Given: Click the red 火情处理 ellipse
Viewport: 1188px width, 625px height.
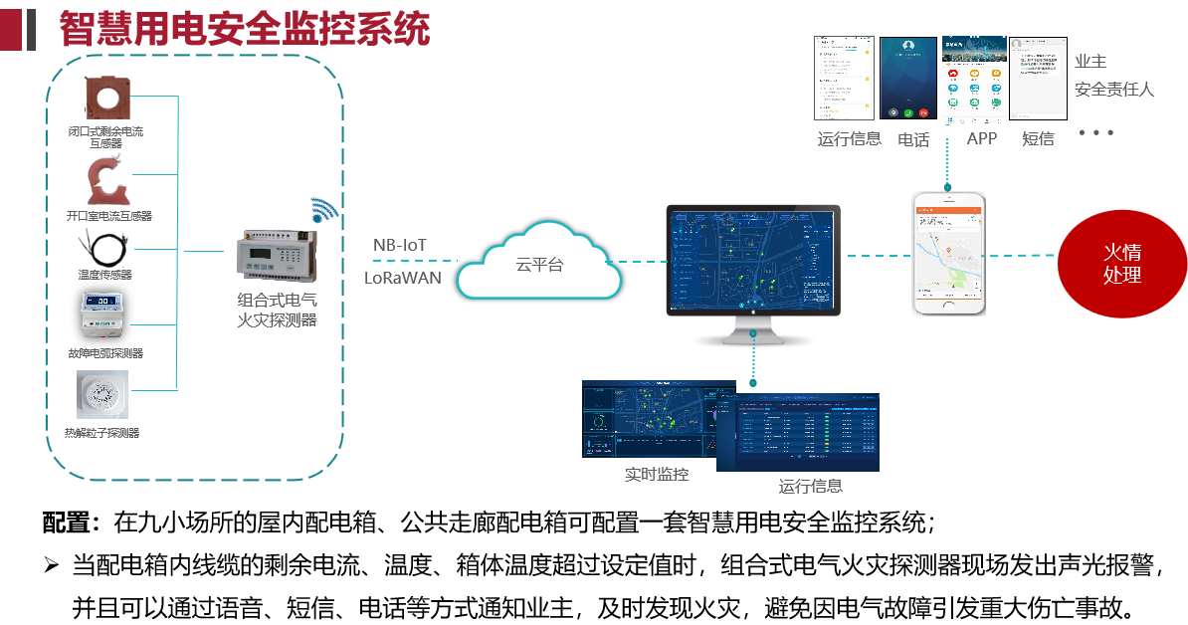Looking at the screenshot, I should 1121,265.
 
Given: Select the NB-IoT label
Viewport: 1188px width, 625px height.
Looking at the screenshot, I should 400,245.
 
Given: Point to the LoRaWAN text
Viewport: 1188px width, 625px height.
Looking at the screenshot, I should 402,278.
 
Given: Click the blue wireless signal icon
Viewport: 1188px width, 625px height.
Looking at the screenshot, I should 323,210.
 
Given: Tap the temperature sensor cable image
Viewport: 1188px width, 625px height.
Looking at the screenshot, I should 103,245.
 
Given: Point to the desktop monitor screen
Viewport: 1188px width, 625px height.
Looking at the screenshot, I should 753,261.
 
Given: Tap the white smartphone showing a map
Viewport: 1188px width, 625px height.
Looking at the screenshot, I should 948,253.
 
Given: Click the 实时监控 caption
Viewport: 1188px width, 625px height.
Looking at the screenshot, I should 657,475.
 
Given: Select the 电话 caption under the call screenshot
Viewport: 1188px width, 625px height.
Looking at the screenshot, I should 913,140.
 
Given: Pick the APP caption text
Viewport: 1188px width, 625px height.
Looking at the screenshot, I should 981,138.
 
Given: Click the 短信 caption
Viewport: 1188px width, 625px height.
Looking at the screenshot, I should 1038,139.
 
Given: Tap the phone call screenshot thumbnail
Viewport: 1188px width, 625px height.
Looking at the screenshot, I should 908,80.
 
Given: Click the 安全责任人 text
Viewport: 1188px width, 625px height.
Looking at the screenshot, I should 1114,90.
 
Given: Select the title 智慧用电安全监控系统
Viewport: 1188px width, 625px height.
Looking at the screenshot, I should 245,29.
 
